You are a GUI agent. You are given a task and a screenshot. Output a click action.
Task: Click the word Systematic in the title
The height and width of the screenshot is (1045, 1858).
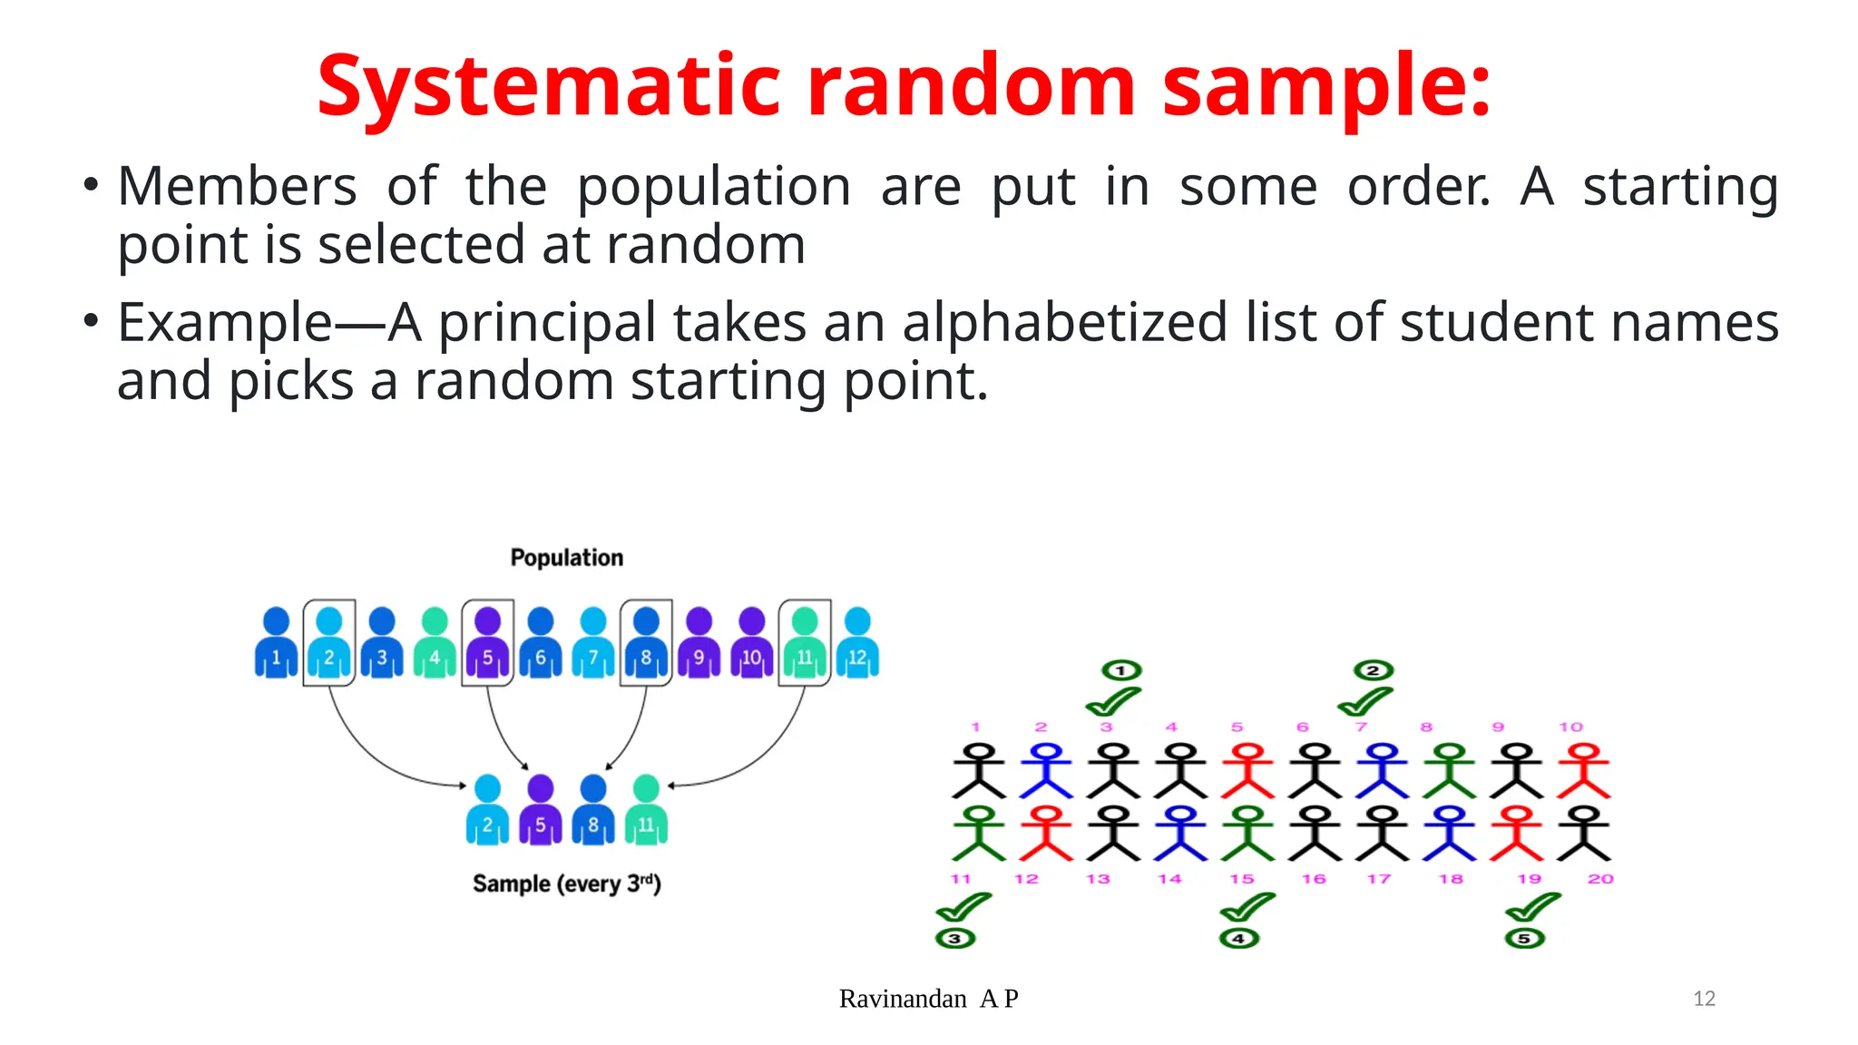coord(548,87)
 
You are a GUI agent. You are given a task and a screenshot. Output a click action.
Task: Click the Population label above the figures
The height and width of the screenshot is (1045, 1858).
coord(566,557)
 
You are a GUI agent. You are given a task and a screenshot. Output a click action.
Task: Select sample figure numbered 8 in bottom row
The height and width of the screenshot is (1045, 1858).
coord(592,810)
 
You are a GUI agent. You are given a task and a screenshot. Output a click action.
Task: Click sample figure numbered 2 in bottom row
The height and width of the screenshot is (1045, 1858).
coord(487,810)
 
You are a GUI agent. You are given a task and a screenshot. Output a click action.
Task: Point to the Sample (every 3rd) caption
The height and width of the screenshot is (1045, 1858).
coord(566,884)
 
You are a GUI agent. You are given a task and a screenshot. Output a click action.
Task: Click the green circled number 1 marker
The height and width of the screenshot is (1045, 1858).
coord(1121,670)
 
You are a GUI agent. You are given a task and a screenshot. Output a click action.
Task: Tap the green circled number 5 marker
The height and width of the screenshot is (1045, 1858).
coord(1524,938)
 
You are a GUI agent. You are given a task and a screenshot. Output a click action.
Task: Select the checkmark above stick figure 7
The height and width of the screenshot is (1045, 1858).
coord(1364,701)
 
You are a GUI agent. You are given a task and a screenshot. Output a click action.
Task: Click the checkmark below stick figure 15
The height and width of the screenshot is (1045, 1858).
coord(1247,906)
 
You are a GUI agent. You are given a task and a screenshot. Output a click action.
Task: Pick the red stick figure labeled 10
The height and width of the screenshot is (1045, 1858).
coord(1583,771)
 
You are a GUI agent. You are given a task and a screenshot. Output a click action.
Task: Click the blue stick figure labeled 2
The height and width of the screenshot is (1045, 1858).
coord(1046,771)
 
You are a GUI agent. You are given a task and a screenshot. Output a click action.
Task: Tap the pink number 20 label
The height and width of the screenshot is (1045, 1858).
coord(1600,879)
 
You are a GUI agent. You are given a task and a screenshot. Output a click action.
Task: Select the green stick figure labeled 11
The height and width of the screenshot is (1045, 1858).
coord(978,834)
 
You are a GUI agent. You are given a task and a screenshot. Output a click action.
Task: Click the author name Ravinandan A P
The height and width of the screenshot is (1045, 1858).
coord(928,999)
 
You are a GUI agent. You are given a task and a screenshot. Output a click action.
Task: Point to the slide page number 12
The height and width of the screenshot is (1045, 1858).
coord(1704,999)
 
